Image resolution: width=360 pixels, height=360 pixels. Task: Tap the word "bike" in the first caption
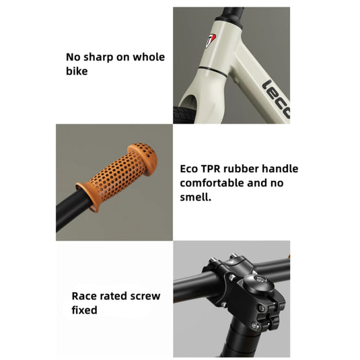point(77,71)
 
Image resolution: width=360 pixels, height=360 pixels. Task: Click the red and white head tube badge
point(210,40)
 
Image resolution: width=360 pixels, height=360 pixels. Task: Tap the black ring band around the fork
point(213,71)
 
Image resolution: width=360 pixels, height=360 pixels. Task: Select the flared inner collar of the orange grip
point(88,197)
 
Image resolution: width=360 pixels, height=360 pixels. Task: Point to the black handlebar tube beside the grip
point(72,211)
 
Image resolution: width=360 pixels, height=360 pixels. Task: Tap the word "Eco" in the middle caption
point(188,169)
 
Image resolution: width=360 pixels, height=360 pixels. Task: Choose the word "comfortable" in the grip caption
point(212,183)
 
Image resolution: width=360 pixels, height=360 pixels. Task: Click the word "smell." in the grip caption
point(195,197)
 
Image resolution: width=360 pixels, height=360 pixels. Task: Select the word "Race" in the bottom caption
point(83,296)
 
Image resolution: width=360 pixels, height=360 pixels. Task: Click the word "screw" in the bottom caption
point(145,296)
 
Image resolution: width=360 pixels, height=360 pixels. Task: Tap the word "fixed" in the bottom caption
point(84,310)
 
